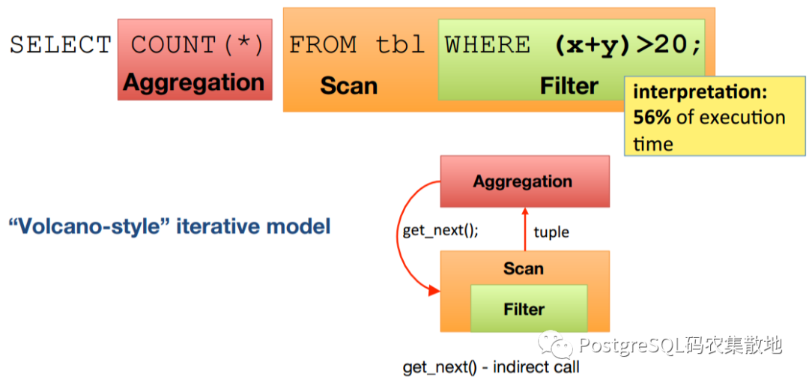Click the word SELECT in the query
coord(61,45)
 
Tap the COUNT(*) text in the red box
coord(197,45)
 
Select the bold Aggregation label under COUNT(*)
coord(194,82)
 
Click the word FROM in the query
coord(322,45)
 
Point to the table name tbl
coord(400,45)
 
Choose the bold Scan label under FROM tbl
coord(349,85)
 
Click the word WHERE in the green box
coord(488,45)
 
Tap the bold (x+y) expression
coord(593,46)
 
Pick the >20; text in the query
coord(669,46)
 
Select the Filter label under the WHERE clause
coord(569,85)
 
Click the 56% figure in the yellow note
coord(652,118)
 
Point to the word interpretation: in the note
coord(700,93)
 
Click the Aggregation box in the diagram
coord(524,181)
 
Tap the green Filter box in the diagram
coord(529,309)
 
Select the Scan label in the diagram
coord(524,268)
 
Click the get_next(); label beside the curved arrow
coord(440,231)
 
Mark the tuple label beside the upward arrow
coord(551,232)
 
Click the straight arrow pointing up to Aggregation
coord(524,229)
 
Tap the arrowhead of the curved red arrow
coord(433,292)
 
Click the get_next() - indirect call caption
coord(491,367)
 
